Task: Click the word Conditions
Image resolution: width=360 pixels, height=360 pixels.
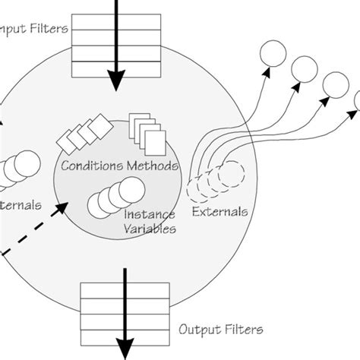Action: click(x=90, y=165)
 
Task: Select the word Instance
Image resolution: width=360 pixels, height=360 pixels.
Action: click(x=149, y=214)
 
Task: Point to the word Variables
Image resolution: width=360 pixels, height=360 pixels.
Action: click(x=150, y=227)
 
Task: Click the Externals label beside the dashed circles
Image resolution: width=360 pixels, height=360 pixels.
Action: click(x=219, y=212)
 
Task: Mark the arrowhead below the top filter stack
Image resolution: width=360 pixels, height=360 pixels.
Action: click(x=117, y=80)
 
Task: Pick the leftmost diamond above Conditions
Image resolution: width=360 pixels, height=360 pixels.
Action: click(x=67, y=141)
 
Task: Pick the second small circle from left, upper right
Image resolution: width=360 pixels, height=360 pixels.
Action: click(x=304, y=69)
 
